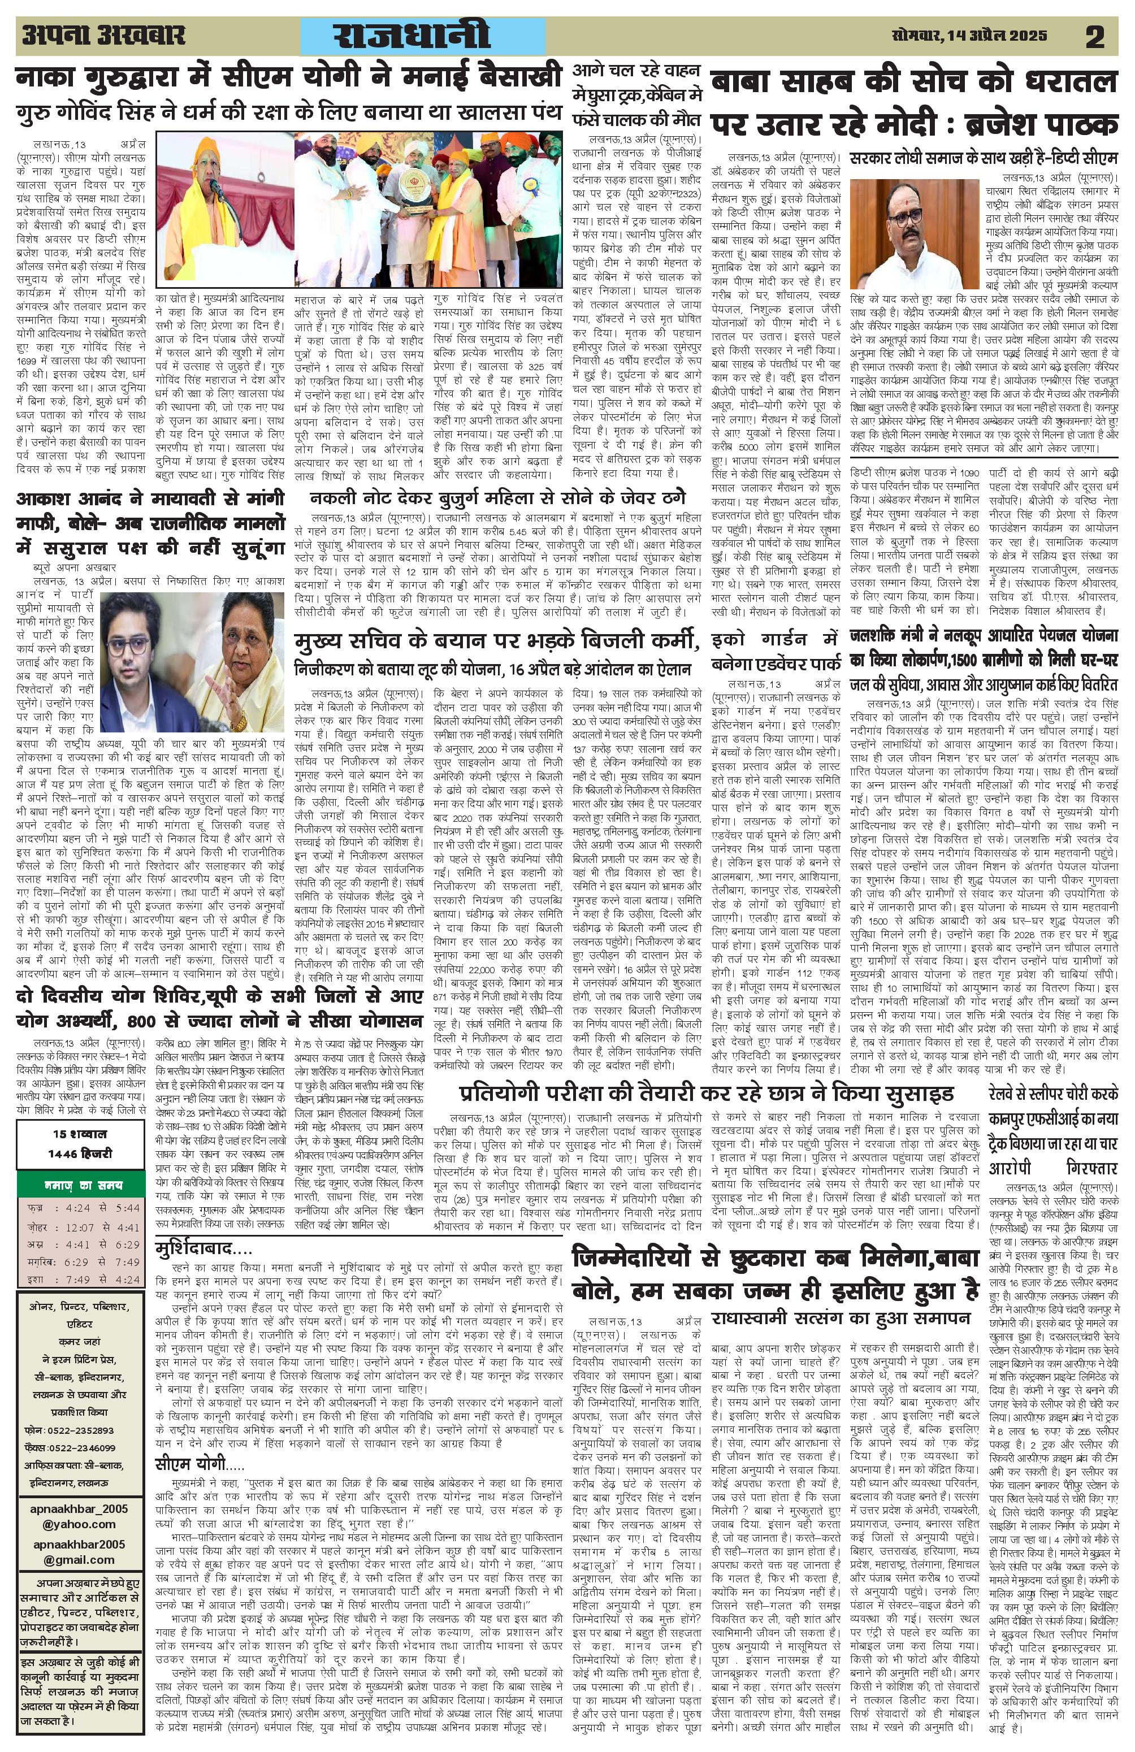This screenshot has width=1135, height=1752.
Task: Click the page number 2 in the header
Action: (1094, 36)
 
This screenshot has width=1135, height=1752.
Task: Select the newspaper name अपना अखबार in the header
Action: (103, 34)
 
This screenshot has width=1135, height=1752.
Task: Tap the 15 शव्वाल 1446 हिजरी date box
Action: (80, 1143)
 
